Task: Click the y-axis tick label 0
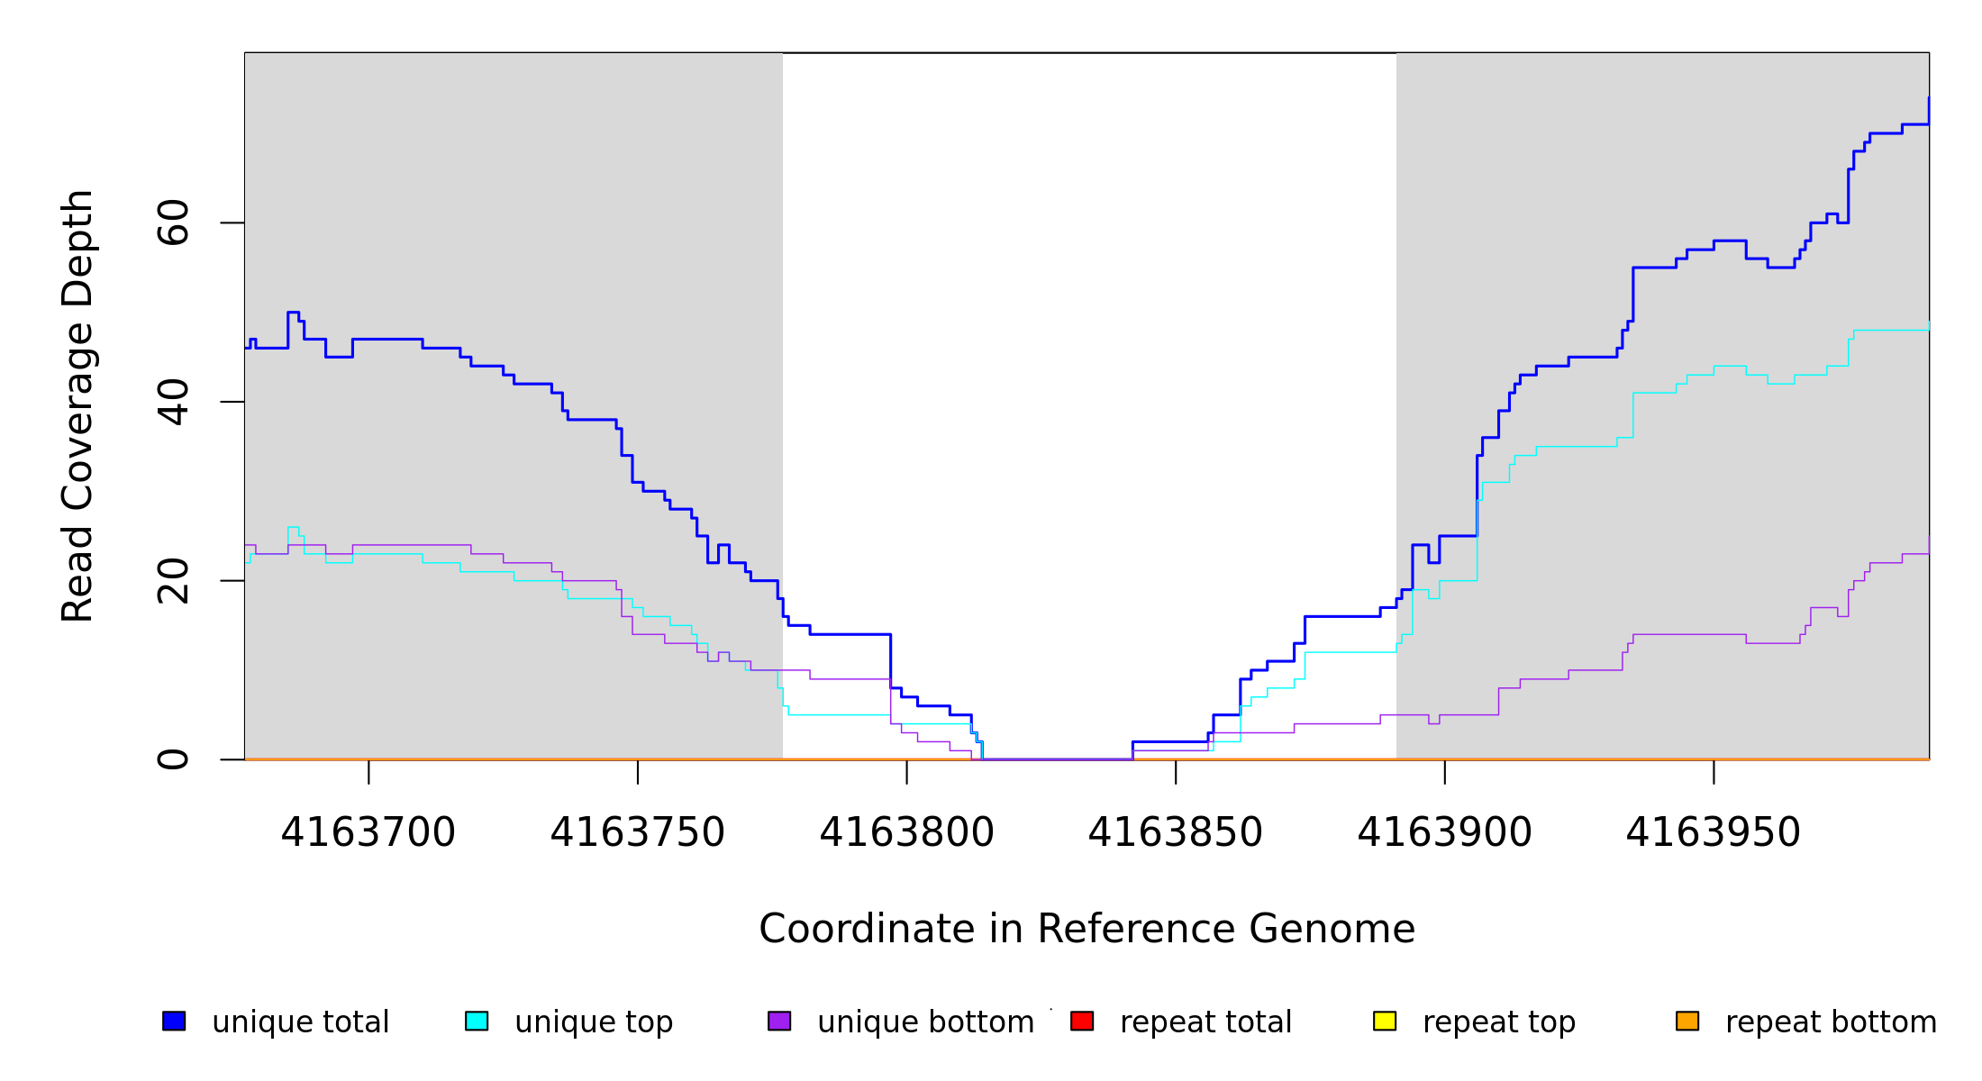(173, 759)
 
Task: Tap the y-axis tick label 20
(173, 581)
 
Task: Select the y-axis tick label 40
(173, 402)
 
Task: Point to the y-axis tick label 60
(173, 223)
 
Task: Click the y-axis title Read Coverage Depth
(77, 405)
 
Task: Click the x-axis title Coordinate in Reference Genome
(1086, 930)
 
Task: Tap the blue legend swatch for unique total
(174, 1021)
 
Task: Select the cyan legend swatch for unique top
(477, 1021)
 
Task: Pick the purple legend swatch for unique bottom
(779, 1021)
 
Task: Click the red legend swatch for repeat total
(1082, 1021)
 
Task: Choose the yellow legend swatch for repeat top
(1385, 1021)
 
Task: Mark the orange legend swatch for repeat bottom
(1687, 1021)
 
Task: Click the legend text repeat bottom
(1831, 1022)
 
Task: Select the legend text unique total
(301, 1022)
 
